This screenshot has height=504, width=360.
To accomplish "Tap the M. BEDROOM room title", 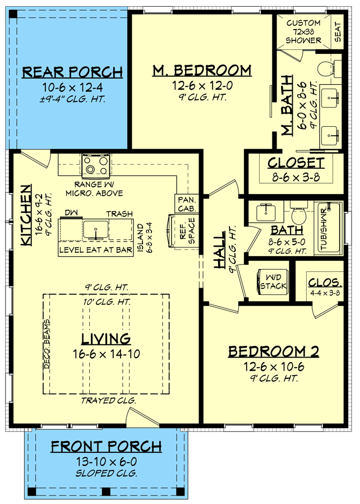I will point(202,70).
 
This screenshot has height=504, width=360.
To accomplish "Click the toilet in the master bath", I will point(325,70).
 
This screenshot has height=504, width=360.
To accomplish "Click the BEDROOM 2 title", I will point(273,352).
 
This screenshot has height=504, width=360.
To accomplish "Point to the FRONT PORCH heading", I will point(107,446).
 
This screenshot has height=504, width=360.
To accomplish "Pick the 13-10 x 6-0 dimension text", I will point(107,461).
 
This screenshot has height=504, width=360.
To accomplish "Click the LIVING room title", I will point(106,339).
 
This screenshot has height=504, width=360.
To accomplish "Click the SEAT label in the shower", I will point(338,32).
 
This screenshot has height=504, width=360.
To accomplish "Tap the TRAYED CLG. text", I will point(106,400).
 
